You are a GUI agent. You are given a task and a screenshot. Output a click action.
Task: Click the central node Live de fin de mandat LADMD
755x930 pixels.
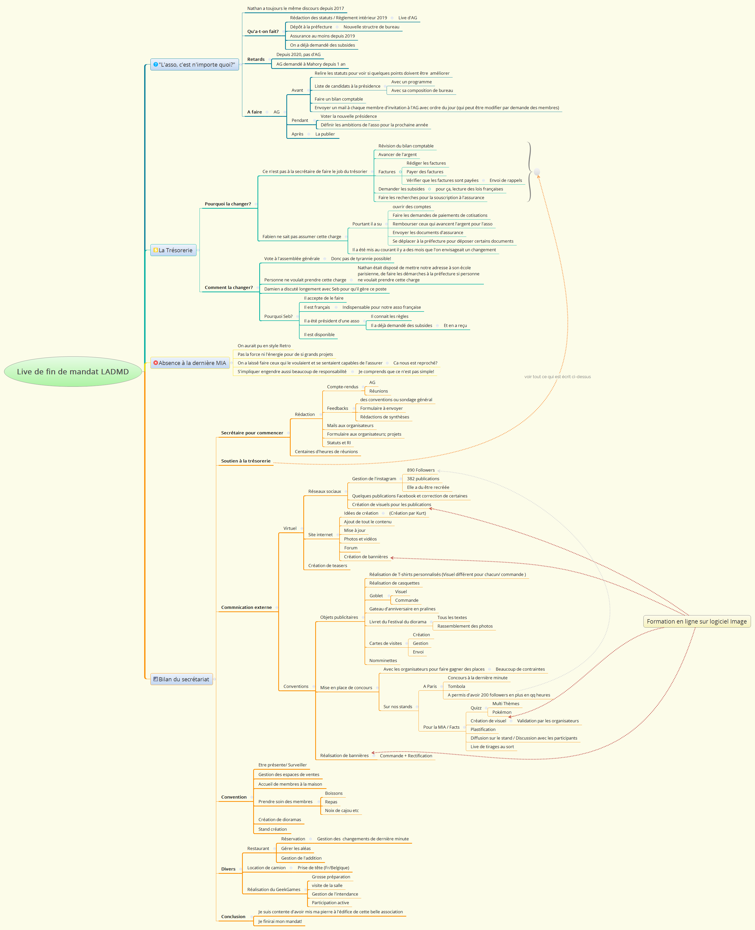pos(73,372)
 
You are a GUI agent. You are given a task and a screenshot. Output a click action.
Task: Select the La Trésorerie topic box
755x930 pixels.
pos(173,250)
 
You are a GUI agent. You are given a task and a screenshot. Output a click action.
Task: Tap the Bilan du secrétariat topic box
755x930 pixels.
pos(181,679)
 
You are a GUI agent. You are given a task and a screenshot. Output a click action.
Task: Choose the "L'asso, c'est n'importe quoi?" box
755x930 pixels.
pos(194,64)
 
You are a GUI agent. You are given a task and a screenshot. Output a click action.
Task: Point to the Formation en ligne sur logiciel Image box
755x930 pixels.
pos(696,621)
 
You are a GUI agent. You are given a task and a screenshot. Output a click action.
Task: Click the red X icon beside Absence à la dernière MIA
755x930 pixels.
pos(155,363)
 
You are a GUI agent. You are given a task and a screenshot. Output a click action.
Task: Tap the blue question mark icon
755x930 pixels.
pos(155,64)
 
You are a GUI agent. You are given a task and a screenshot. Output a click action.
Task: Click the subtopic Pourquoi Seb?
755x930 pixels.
pos(278,316)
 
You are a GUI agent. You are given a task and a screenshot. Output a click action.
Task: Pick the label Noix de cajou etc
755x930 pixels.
pos(342,810)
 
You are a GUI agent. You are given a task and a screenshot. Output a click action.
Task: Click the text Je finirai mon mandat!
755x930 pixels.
pos(280,921)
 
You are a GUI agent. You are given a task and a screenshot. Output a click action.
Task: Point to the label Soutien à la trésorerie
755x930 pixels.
pos(246,461)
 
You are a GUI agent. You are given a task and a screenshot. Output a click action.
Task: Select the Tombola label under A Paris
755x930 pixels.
pos(456,686)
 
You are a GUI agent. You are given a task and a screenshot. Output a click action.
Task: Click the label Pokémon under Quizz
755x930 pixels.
pos(502,712)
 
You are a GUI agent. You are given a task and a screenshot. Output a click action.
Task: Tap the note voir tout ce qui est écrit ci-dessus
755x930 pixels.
pos(558,377)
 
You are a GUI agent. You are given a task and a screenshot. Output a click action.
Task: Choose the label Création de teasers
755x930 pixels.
pos(327,566)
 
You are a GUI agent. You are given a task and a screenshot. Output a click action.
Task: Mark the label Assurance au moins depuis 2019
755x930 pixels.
pos(322,36)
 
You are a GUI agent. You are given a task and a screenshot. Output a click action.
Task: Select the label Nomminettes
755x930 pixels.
pos(383,660)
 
